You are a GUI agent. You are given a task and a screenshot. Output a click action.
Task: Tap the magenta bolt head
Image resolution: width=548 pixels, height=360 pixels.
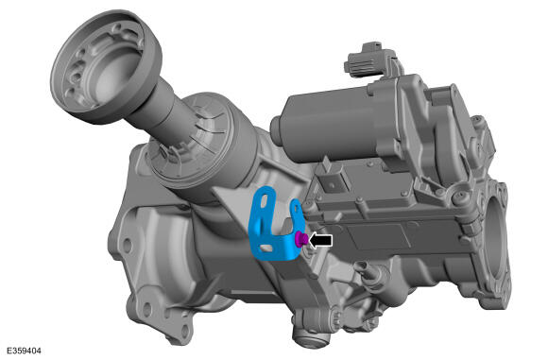(301, 239)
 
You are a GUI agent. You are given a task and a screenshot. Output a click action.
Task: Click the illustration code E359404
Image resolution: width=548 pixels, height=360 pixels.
(24, 351)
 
